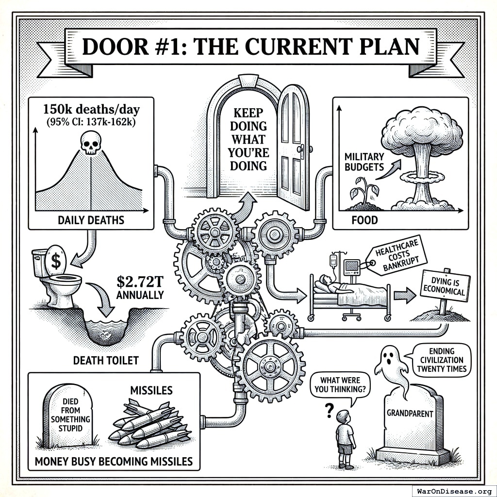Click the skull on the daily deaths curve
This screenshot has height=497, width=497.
click(x=90, y=144)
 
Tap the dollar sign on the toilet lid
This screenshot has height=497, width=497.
click(x=56, y=262)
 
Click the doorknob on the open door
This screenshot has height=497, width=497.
click(x=301, y=148)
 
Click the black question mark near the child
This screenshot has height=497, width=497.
click(x=330, y=412)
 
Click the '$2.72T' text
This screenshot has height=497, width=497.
click(x=140, y=282)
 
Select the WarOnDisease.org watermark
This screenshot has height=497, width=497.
click(x=454, y=491)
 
